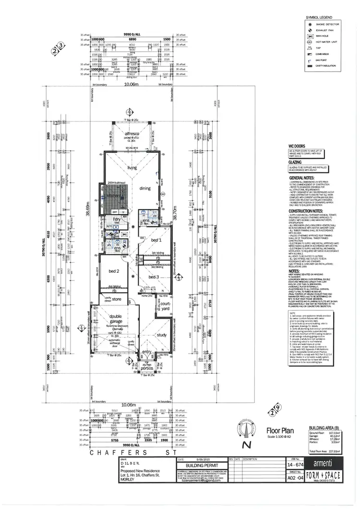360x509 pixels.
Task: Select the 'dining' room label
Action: (145, 188)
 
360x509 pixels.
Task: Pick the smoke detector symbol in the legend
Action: (310, 24)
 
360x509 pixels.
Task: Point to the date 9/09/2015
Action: (203, 459)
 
